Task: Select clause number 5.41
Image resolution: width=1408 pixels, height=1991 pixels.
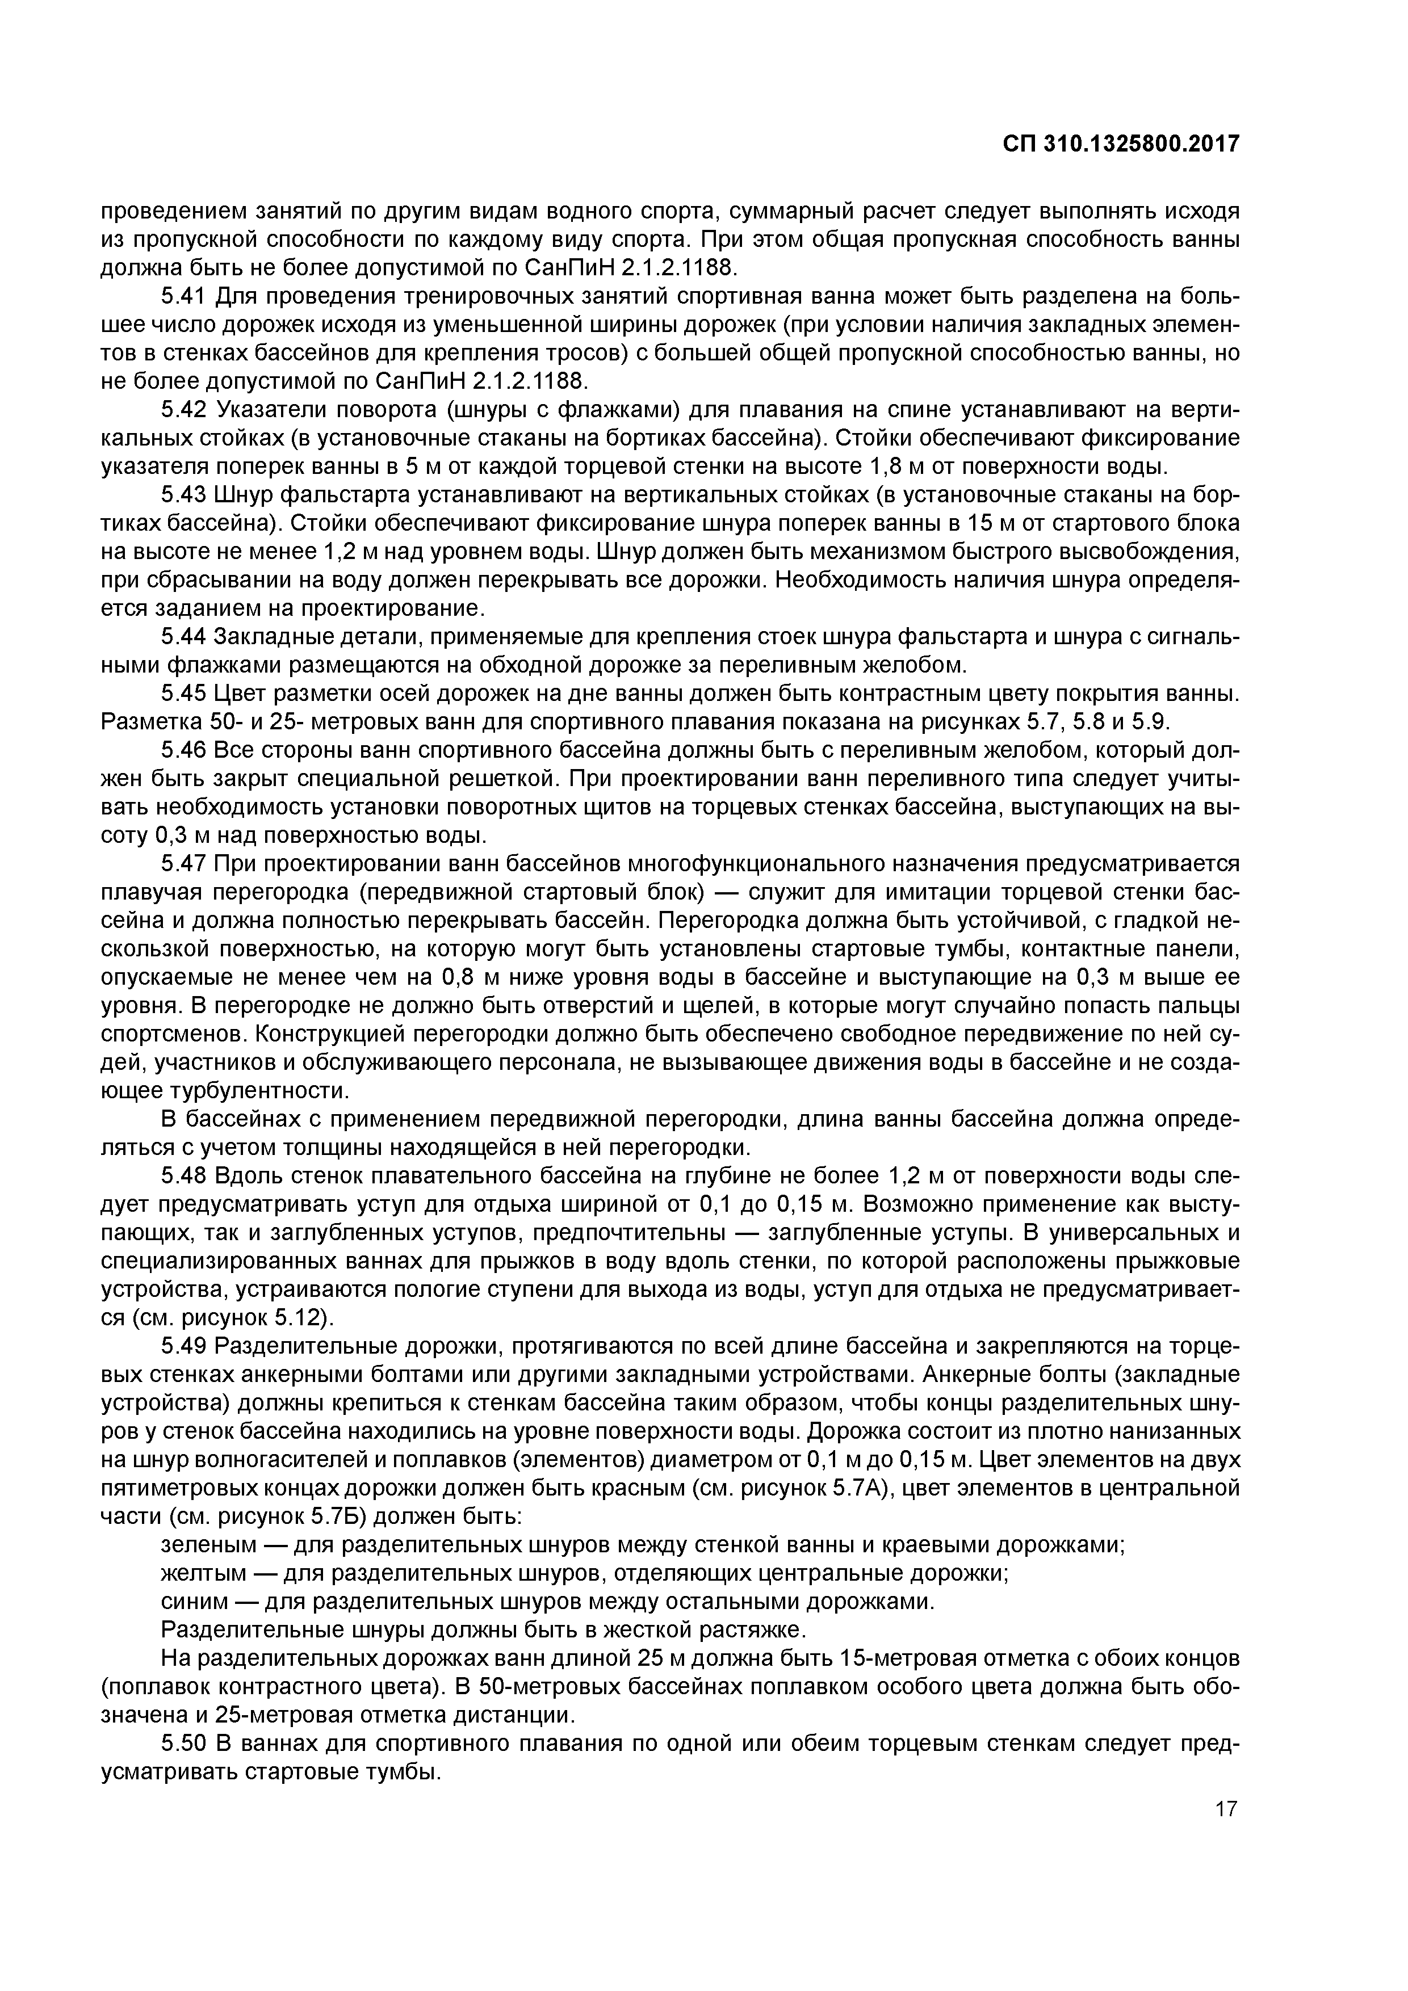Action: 183,297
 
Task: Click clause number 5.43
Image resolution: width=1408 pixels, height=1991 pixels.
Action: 183,495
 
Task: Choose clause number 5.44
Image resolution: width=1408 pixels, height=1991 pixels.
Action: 183,637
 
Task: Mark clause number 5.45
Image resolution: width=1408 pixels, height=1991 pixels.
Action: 183,694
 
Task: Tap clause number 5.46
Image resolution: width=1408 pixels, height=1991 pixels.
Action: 183,751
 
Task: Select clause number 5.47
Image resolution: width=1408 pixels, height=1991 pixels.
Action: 183,864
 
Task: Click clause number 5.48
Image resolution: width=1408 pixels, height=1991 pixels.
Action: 183,1176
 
